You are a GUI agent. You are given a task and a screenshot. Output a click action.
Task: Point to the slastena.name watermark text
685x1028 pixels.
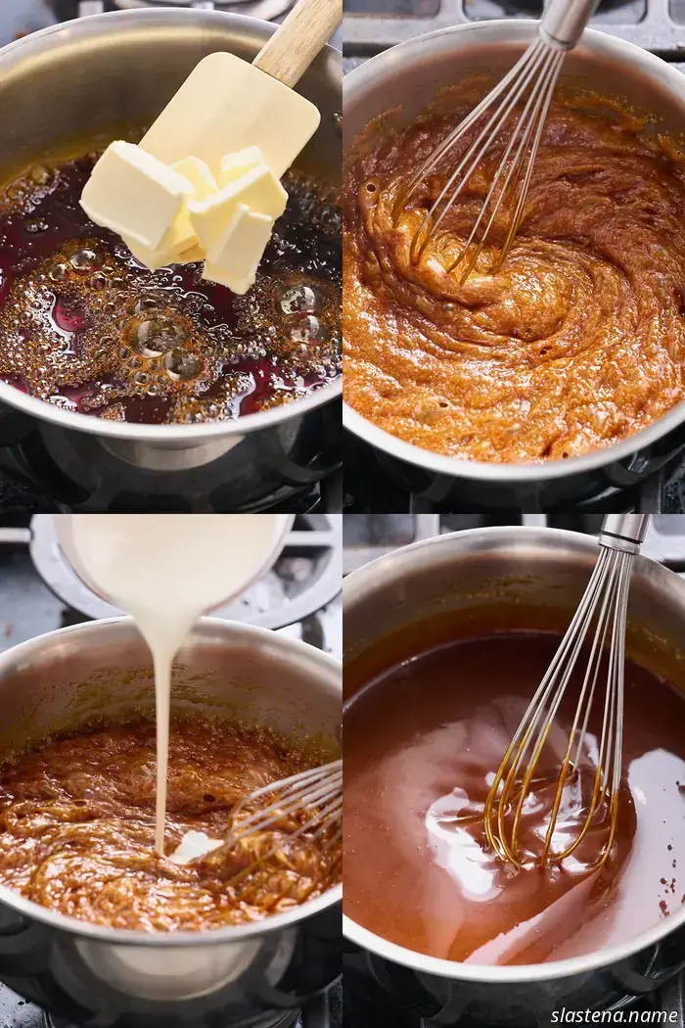(x=615, y=1015)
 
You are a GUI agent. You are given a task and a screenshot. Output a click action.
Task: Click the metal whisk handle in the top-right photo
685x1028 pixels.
(x=569, y=21)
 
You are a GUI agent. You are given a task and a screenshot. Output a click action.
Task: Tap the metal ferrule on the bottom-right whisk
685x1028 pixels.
(x=619, y=544)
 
